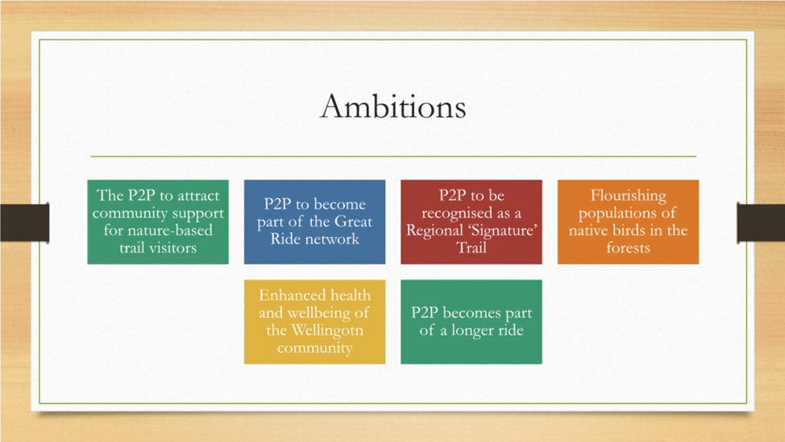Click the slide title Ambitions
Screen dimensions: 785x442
point(393,106)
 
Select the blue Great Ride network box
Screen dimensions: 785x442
point(314,222)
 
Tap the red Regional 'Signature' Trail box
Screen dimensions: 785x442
point(471,222)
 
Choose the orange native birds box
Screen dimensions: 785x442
point(628,222)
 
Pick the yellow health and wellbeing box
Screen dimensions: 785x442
point(314,322)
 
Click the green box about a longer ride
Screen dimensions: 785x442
point(471,322)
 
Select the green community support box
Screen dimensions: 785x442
point(158,222)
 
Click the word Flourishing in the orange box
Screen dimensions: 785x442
point(629,195)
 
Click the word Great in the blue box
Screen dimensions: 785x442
point(354,222)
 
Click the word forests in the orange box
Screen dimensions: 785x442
point(629,248)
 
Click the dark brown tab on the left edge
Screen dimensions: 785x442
point(24,223)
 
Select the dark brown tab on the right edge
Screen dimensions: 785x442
point(761,223)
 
